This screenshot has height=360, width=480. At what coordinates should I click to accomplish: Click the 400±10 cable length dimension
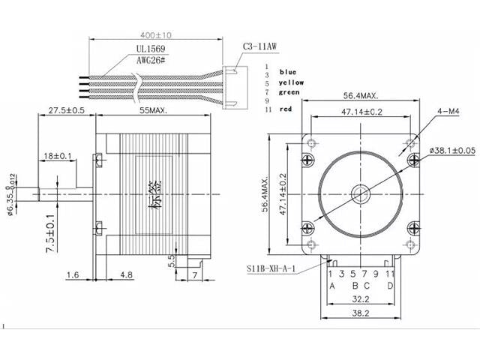pyautogui.click(x=157, y=35)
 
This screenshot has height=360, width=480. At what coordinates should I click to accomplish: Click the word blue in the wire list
pyautogui.click(x=288, y=72)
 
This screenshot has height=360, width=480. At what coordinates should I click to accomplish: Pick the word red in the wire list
pyautogui.click(x=285, y=109)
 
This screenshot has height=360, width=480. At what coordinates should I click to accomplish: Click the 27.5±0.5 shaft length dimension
pyautogui.click(x=67, y=110)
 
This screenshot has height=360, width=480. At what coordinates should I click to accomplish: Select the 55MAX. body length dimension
pyautogui.click(x=154, y=110)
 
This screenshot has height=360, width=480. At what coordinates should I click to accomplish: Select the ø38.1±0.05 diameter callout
pyautogui.click(x=453, y=150)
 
